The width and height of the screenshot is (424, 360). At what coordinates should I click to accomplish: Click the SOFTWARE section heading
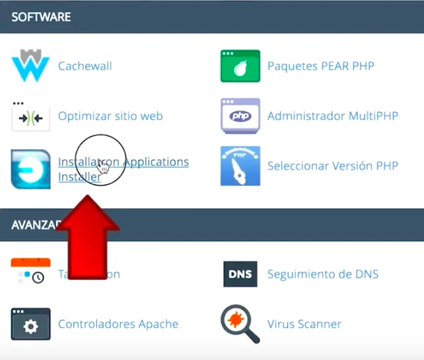[x=41, y=17]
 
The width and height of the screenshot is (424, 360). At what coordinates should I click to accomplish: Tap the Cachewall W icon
[x=30, y=66]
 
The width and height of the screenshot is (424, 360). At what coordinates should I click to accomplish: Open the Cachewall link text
[x=85, y=66]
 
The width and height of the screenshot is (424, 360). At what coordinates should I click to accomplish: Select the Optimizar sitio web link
[x=110, y=116]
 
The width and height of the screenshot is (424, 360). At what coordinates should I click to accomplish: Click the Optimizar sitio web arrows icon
[x=30, y=117]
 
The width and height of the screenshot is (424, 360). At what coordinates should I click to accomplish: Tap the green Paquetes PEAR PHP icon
[x=240, y=66]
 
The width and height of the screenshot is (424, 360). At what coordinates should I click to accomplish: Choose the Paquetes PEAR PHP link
[x=320, y=66]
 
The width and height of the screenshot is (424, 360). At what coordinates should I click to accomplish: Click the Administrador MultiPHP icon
[x=240, y=116]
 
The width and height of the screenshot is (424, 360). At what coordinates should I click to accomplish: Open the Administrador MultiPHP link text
[x=333, y=116]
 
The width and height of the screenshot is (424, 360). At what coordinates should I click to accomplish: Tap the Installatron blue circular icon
[x=30, y=168]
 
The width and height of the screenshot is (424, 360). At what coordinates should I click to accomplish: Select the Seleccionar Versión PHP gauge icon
[x=240, y=166]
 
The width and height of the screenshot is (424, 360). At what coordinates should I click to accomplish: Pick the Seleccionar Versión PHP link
[x=333, y=166]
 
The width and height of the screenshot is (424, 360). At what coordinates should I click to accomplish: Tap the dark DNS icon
[x=240, y=274]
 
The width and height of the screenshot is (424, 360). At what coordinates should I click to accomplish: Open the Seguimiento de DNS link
[x=323, y=274]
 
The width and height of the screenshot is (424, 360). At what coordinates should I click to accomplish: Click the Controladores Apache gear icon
[x=30, y=324]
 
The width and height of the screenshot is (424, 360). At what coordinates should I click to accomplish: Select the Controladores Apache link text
[x=118, y=324]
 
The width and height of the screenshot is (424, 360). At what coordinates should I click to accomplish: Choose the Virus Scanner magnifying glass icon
[x=238, y=323]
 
